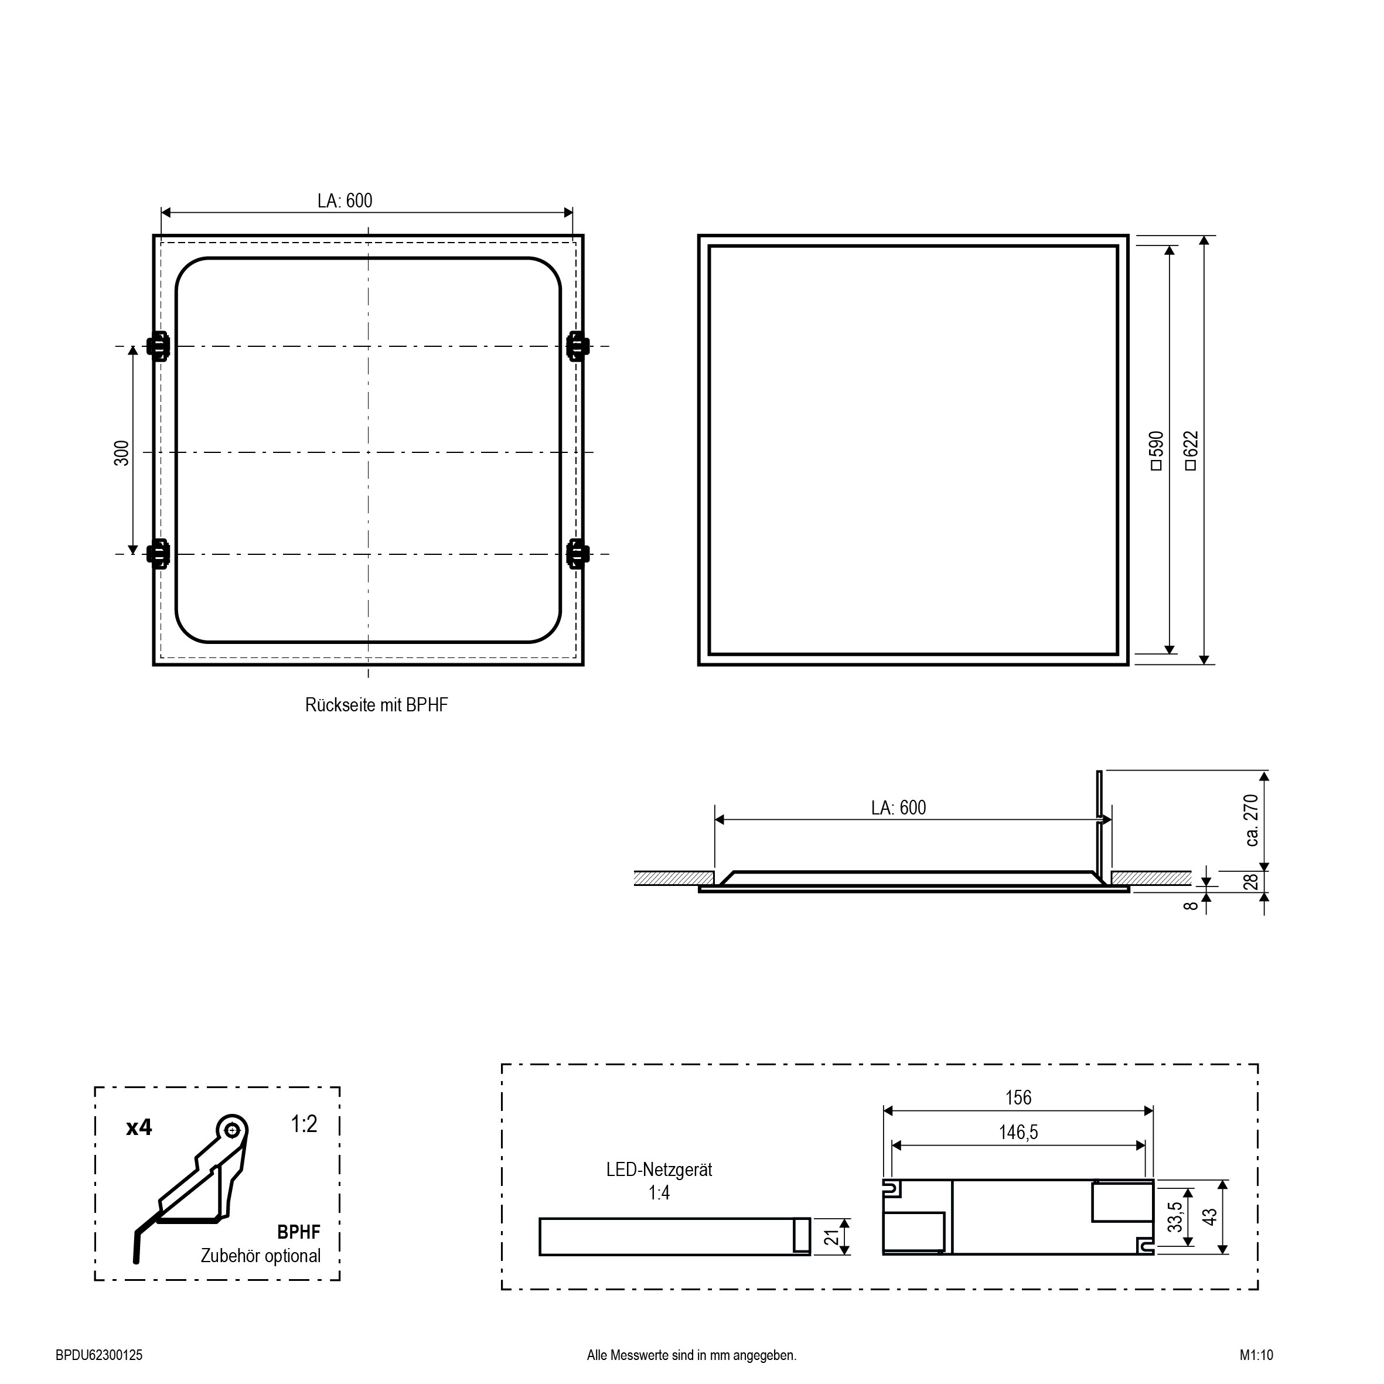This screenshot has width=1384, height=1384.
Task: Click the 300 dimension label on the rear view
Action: coord(122,454)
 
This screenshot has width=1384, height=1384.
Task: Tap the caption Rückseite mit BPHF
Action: coord(377,705)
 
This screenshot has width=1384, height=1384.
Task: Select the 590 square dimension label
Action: coord(1156,451)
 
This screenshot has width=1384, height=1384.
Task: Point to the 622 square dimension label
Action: coord(1191,451)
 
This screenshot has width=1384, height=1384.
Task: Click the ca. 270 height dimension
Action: coord(1252,820)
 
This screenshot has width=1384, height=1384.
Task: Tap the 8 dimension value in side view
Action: coord(1191,905)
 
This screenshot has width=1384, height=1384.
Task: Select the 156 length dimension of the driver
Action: coord(1018,1097)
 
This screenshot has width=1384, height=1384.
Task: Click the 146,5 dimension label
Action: coord(1018,1133)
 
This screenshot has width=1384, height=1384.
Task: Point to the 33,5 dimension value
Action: coord(1175,1217)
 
